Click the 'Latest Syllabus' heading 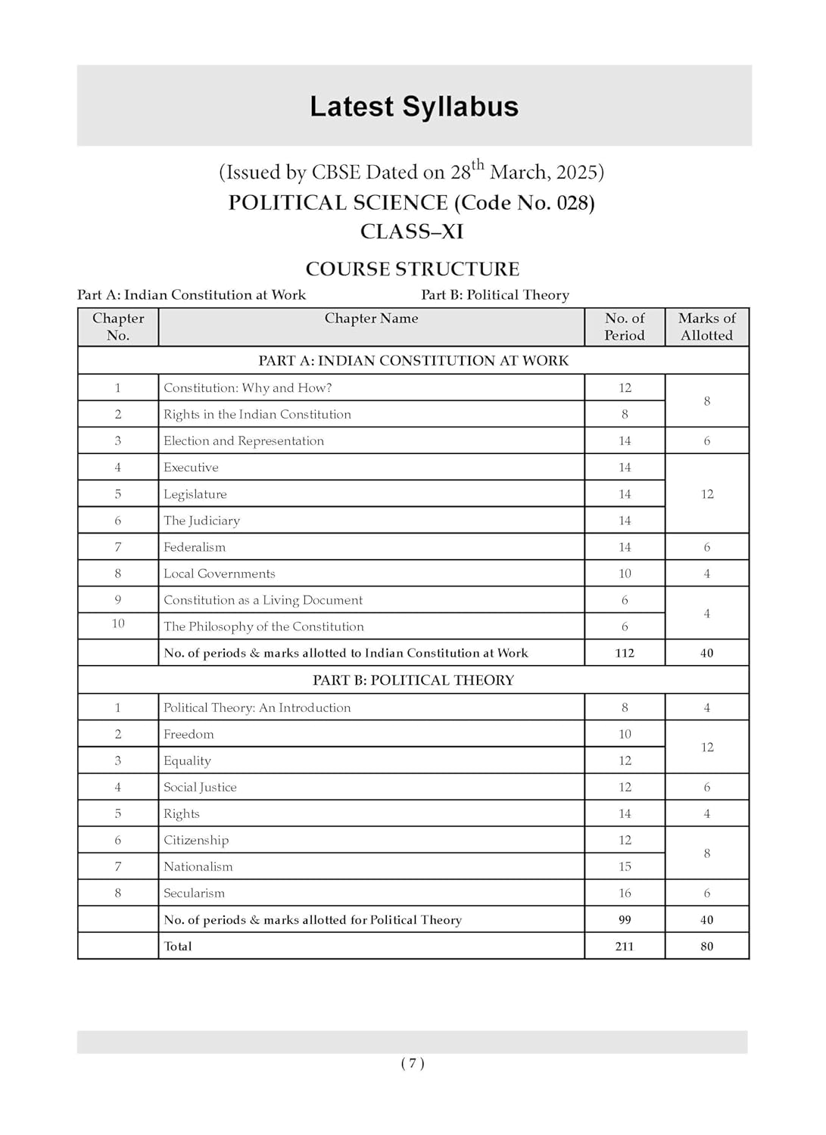(413, 107)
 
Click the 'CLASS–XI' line (412, 232)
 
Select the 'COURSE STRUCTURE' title (412, 269)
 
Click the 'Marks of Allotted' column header (706, 327)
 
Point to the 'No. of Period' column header (625, 327)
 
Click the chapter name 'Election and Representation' (244, 441)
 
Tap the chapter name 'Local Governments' (220, 574)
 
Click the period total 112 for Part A (625, 653)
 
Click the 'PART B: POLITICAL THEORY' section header (413, 680)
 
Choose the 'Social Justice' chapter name (200, 787)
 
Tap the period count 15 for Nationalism (625, 866)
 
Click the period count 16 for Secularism (625, 893)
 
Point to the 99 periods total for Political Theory (625, 920)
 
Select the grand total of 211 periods (625, 947)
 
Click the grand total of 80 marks (706, 947)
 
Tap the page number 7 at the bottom (413, 1063)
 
